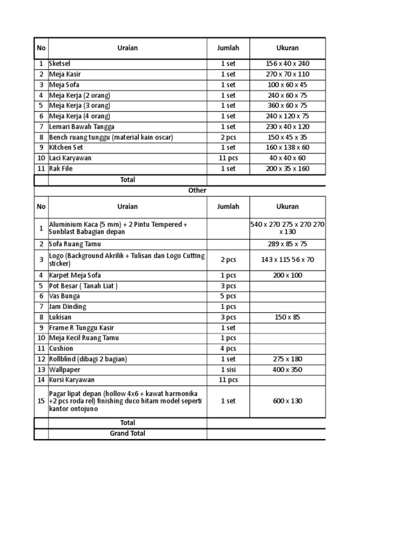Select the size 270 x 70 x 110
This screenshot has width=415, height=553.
(x=287, y=74)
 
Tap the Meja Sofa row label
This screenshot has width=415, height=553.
(x=65, y=85)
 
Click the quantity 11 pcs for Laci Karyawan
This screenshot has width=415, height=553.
(x=228, y=158)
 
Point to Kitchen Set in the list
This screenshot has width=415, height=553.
(x=67, y=147)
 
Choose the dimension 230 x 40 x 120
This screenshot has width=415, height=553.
(x=287, y=127)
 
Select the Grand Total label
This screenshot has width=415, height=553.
(x=128, y=433)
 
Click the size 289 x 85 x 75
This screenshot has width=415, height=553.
(x=287, y=244)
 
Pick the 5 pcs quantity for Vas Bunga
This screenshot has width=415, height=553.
(x=228, y=296)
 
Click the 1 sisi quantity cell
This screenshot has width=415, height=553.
(x=228, y=370)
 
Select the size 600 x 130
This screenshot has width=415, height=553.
(x=287, y=401)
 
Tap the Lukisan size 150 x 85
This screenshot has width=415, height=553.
(x=287, y=318)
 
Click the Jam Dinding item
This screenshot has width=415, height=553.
(x=68, y=307)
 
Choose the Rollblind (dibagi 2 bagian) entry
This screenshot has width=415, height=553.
(x=88, y=359)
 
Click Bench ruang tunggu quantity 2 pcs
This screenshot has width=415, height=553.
(x=228, y=137)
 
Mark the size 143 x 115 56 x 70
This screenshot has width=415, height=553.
(x=287, y=260)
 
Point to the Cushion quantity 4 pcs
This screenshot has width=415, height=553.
(x=228, y=349)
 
